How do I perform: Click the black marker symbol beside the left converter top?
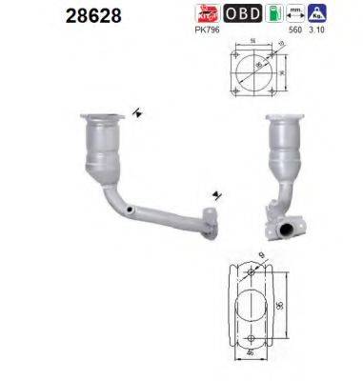coord(139,113)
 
